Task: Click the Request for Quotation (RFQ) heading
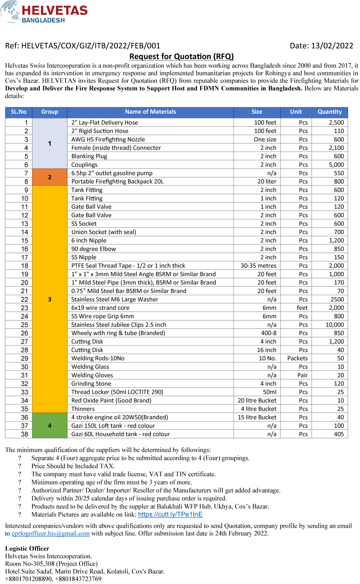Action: coord(181,57)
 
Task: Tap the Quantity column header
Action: coord(329,112)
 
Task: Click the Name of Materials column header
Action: coord(150,112)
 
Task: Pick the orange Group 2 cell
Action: coord(50,177)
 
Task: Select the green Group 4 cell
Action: coord(50,426)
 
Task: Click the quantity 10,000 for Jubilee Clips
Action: coord(335,325)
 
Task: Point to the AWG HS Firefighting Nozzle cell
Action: coord(108,139)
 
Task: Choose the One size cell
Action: coord(265,139)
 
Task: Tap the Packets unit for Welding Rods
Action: coord(297,359)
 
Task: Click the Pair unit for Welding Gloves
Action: coord(302,375)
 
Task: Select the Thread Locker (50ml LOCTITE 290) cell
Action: coord(117,392)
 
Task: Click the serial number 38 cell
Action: coord(25,434)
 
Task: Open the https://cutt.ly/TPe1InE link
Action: coord(170,515)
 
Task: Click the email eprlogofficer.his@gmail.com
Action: coord(51,534)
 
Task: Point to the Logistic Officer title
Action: coord(27,549)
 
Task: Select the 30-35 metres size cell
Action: coord(258,266)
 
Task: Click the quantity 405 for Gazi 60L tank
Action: coord(339,434)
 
